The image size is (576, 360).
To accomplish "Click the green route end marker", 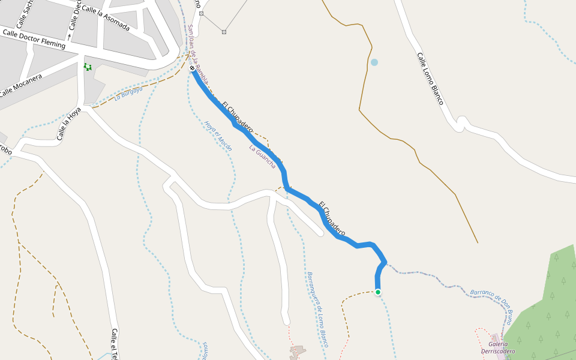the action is [x=378, y=292].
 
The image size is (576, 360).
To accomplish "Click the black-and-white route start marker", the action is [x=192, y=68].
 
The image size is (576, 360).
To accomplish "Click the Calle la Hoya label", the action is [x=68, y=124].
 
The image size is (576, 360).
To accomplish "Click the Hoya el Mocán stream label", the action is [x=217, y=136].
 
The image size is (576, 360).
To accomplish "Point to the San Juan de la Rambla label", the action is [x=197, y=54].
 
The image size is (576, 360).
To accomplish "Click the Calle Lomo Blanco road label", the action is [x=430, y=79].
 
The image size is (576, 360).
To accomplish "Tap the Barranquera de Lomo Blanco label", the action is [x=318, y=309].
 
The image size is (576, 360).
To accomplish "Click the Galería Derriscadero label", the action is [x=498, y=347].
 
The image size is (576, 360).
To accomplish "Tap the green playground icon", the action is [x=88, y=67].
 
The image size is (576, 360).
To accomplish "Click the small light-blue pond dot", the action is [x=374, y=62].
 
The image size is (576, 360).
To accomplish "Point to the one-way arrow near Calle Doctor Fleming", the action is [x=69, y=37].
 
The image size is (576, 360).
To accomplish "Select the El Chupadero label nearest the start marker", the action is [x=237, y=116].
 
